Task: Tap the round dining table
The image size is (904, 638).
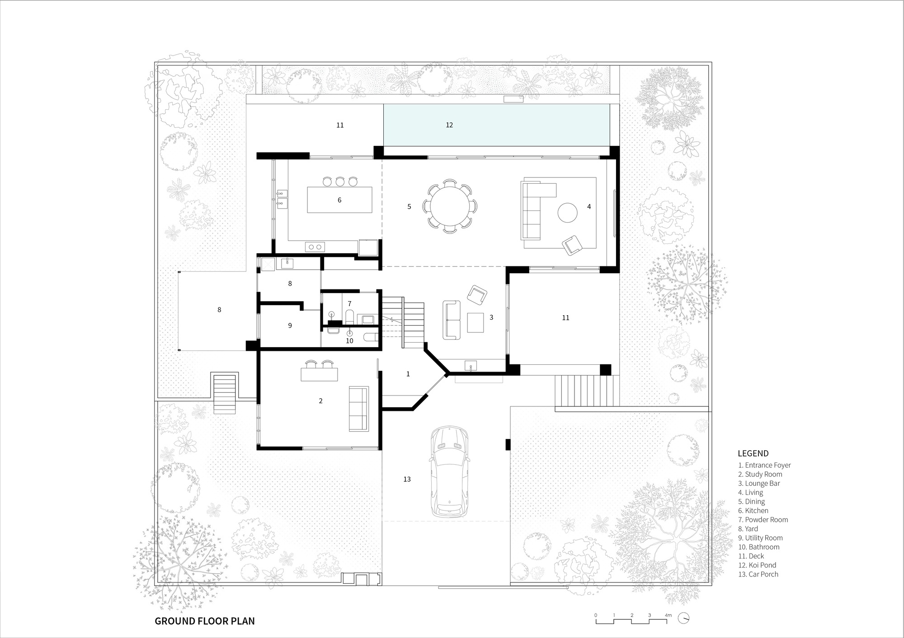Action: click(x=450, y=206)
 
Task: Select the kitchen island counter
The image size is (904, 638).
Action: click(x=339, y=200)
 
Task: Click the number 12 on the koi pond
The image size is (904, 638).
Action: click(x=449, y=125)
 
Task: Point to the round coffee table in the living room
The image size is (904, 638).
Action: click(x=567, y=212)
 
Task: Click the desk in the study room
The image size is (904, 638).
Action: click(x=319, y=374)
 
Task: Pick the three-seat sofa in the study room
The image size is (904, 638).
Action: click(x=358, y=409)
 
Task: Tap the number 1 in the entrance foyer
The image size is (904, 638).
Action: click(x=408, y=374)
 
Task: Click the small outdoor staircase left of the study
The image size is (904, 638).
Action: click(x=225, y=393)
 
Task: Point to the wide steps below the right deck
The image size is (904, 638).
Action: click(x=587, y=391)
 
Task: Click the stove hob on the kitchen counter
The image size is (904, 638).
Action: click(x=315, y=247)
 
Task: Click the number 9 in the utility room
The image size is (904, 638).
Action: click(x=290, y=325)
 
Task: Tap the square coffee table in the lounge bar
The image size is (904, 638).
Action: click(x=475, y=322)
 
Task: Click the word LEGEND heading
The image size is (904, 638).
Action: click(x=753, y=453)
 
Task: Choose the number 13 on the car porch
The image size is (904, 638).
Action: click(x=407, y=479)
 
